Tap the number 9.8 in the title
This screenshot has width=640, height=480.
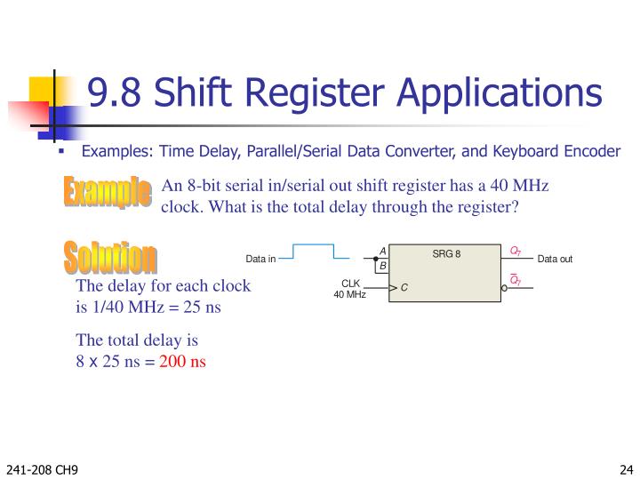click(110, 93)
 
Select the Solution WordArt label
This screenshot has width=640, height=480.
click(111, 257)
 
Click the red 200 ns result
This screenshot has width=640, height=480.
click(183, 362)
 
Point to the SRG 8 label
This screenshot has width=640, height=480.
click(446, 254)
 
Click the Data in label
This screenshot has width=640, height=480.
click(261, 260)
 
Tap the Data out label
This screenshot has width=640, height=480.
click(555, 260)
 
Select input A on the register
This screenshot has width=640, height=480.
click(383, 252)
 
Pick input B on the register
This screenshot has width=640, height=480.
click(383, 266)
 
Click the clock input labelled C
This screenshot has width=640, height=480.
click(404, 288)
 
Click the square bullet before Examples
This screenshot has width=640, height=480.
click(62, 150)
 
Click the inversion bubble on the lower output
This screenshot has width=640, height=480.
click(504, 288)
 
